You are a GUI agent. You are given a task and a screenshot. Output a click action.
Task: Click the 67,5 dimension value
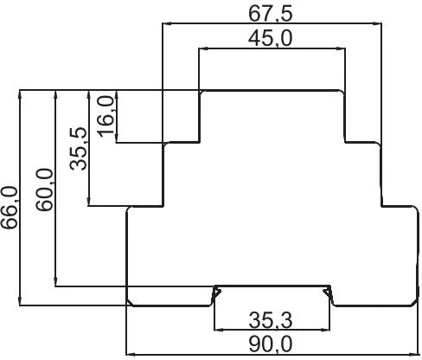(271, 14)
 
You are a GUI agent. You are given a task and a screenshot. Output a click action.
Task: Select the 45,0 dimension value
(271, 39)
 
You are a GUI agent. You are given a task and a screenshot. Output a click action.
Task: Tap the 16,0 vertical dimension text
(106, 116)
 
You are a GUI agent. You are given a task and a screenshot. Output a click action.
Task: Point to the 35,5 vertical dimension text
(79, 149)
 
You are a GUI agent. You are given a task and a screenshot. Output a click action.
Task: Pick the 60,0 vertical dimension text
(44, 190)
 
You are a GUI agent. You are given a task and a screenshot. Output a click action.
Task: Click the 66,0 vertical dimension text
(10, 208)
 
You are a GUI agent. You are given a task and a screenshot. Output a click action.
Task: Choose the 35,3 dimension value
(271, 320)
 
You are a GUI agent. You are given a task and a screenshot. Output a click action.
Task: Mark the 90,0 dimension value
(271, 344)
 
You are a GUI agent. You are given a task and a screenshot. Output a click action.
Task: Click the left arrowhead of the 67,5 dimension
(168, 23)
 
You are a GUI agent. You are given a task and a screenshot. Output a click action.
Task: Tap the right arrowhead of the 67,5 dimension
(377, 23)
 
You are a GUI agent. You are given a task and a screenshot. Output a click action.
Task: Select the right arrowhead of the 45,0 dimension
(340, 48)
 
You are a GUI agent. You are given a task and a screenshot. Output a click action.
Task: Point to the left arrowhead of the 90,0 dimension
(131, 354)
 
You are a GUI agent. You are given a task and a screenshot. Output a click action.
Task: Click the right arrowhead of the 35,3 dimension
(325, 329)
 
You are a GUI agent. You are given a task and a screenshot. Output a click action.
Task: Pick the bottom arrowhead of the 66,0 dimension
(20, 300)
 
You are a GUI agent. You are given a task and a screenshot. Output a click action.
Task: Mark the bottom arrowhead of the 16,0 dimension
(117, 138)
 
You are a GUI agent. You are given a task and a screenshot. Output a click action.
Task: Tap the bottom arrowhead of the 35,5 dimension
(89, 201)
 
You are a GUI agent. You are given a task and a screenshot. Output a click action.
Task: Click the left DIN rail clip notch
(216, 295)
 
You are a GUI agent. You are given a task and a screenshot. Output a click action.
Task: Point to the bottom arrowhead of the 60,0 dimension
(56, 281)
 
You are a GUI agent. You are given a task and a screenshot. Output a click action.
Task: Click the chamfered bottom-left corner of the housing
(130, 303)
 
